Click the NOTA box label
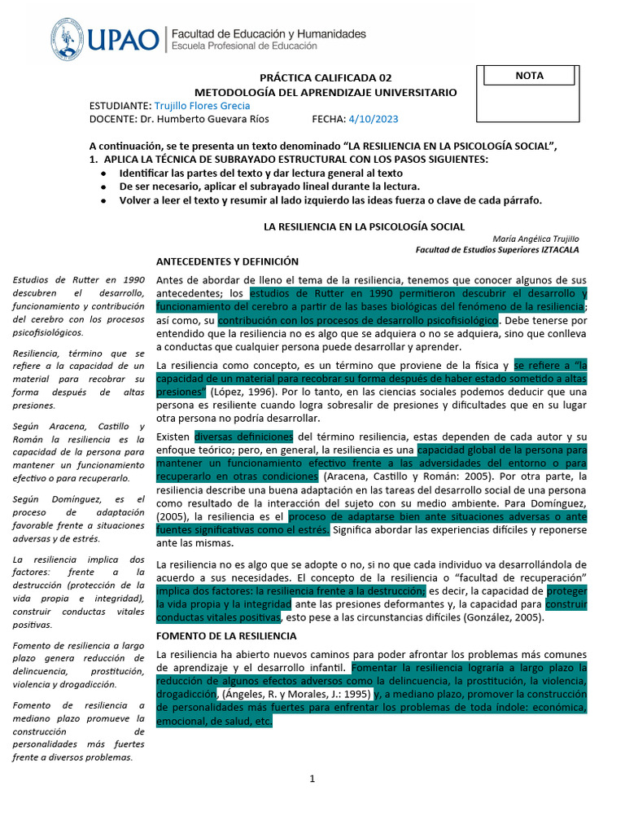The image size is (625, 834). [529, 76]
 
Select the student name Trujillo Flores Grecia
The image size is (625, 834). [202, 106]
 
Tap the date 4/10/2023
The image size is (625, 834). [373, 119]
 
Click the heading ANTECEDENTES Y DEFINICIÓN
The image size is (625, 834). [227, 261]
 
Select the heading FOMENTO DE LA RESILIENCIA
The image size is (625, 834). [226, 635]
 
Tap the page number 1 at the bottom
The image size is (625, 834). [312, 779]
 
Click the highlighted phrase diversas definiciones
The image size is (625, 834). [243, 436]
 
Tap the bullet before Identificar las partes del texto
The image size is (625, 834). [101, 174]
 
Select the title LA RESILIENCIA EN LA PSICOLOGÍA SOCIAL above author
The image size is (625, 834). [362, 226]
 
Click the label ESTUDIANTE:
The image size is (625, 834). [120, 106]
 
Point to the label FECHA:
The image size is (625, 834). [329, 119]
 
